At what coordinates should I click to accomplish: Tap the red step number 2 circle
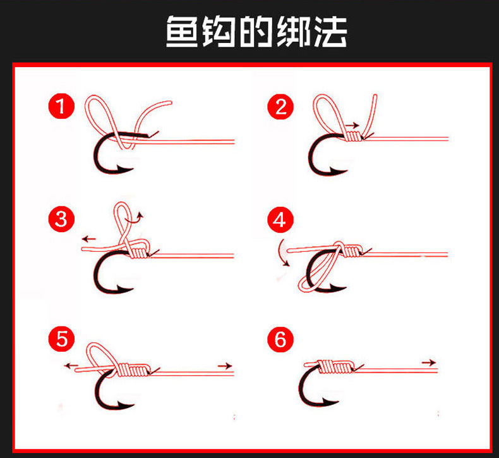click(x=280, y=106)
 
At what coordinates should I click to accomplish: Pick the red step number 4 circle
click(x=280, y=220)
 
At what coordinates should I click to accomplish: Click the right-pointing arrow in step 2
click(x=352, y=125)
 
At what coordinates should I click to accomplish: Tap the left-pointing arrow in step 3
click(x=88, y=239)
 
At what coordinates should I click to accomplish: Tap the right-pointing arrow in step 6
click(x=428, y=362)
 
